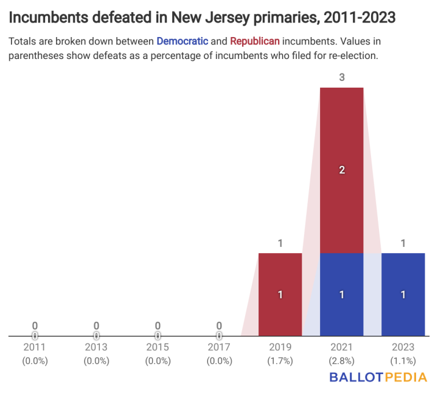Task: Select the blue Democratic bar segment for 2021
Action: click(341, 294)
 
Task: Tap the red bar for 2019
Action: click(280, 294)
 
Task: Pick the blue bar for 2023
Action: click(403, 294)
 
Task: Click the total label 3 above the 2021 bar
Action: click(341, 78)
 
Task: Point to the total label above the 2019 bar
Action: click(280, 243)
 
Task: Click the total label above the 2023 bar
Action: click(403, 243)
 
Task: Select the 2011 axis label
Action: click(35, 347)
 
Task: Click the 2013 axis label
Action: click(96, 347)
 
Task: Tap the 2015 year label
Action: click(158, 347)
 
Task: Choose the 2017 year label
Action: click(219, 347)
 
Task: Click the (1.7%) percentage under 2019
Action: click(280, 360)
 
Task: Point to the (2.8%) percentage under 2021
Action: click(341, 360)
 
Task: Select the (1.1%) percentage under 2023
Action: click(403, 360)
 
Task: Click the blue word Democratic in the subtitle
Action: click(182, 41)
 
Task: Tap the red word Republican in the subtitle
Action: click(255, 41)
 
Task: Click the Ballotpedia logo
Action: click(378, 377)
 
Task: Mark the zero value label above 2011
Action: click(35, 325)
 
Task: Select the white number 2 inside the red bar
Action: click(341, 170)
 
